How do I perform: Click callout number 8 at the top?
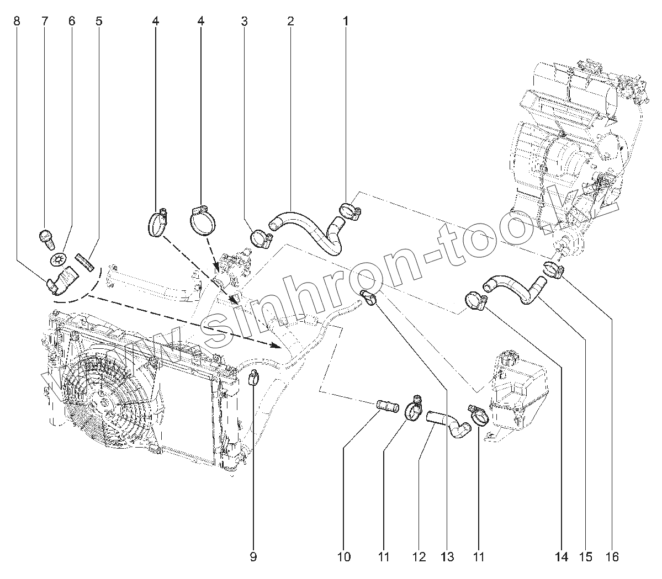(x=16, y=22)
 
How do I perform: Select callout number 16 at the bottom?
(x=611, y=557)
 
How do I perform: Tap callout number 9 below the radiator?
(x=253, y=557)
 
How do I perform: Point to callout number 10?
(x=344, y=557)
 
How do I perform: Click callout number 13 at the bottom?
(x=447, y=557)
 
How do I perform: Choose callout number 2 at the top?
(x=290, y=22)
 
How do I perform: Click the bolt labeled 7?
(x=46, y=238)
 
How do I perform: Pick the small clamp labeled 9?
(x=253, y=378)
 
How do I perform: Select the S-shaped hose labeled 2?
(x=309, y=226)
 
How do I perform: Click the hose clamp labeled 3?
(x=261, y=238)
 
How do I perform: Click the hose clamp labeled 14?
(x=475, y=301)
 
